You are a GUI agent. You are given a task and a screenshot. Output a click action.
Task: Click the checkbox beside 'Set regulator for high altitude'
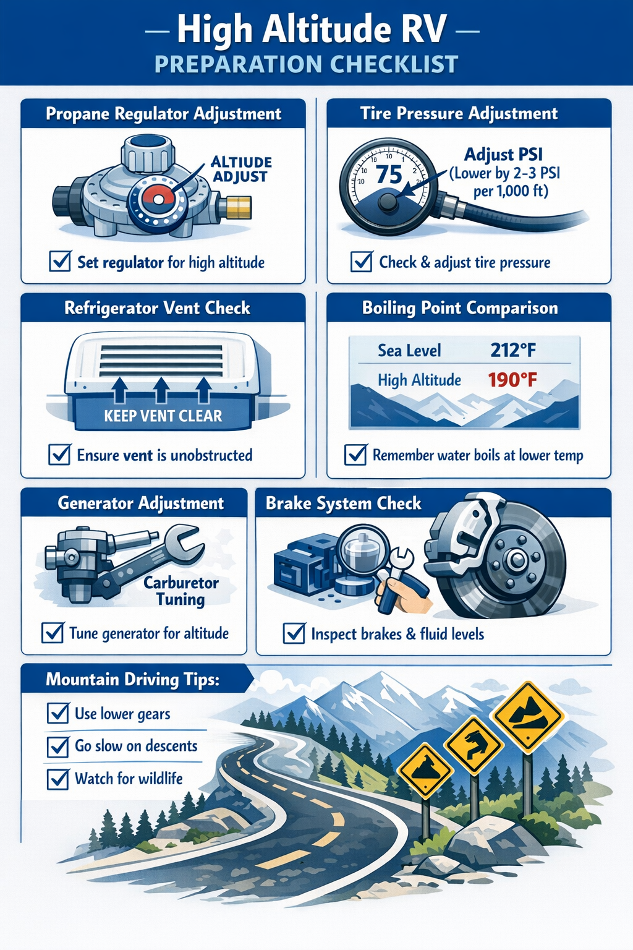point(60,262)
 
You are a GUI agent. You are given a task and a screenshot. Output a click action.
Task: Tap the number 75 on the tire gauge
point(389,175)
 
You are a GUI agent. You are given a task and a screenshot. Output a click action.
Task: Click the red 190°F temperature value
point(512,379)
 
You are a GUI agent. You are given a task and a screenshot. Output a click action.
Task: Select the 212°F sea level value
point(512,350)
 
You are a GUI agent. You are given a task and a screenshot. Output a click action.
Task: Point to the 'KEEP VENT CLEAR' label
point(163,416)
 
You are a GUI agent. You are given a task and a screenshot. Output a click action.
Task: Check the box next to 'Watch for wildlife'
point(58,779)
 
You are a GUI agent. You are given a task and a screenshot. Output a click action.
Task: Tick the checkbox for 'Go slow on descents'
point(58,747)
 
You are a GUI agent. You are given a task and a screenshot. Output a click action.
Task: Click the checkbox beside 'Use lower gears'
point(58,714)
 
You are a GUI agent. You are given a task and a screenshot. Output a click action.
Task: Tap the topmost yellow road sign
point(527,717)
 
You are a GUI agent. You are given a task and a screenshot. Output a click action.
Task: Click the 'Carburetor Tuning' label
point(181,591)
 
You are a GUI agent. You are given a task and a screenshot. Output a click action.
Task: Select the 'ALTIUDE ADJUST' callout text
point(241,169)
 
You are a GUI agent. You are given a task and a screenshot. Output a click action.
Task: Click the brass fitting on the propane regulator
point(239,207)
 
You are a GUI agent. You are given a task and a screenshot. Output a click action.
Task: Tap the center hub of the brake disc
point(514,560)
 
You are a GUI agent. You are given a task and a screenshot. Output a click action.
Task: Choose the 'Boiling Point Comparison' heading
point(460,308)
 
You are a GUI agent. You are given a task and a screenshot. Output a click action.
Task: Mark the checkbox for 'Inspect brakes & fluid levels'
point(294,634)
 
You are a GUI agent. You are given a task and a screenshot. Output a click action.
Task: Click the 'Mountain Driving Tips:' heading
point(132,680)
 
